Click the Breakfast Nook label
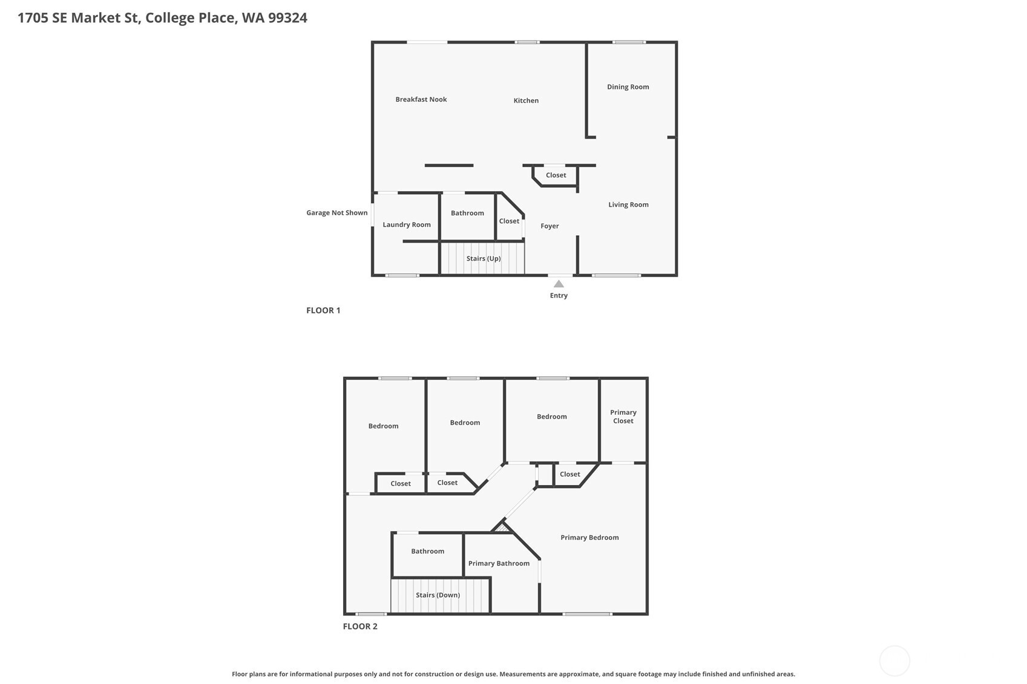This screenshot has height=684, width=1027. click(x=421, y=99)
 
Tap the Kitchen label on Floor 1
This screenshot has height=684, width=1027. click(x=526, y=100)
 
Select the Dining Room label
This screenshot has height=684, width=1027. click(x=628, y=87)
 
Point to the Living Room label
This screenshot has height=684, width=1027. click(x=628, y=204)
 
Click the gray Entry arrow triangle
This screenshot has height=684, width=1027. click(x=559, y=284)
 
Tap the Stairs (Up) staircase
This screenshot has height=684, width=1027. click(x=483, y=258)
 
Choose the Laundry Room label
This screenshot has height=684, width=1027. click(x=406, y=224)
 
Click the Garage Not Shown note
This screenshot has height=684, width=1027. click(x=336, y=213)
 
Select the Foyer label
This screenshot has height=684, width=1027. click(x=550, y=226)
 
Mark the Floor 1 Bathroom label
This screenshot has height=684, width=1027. click(x=467, y=213)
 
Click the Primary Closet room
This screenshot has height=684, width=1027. click(x=623, y=417)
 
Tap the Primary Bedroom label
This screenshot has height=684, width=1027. click(x=589, y=538)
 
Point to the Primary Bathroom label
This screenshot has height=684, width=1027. click(x=499, y=564)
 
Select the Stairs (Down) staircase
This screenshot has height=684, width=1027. click(x=438, y=595)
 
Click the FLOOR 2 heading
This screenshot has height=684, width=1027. click(x=360, y=627)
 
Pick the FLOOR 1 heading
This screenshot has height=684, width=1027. click(x=323, y=310)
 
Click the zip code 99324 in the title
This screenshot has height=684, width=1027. click(x=287, y=18)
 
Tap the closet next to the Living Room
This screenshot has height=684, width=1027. click(x=556, y=175)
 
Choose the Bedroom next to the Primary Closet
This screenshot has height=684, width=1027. click(x=551, y=417)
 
